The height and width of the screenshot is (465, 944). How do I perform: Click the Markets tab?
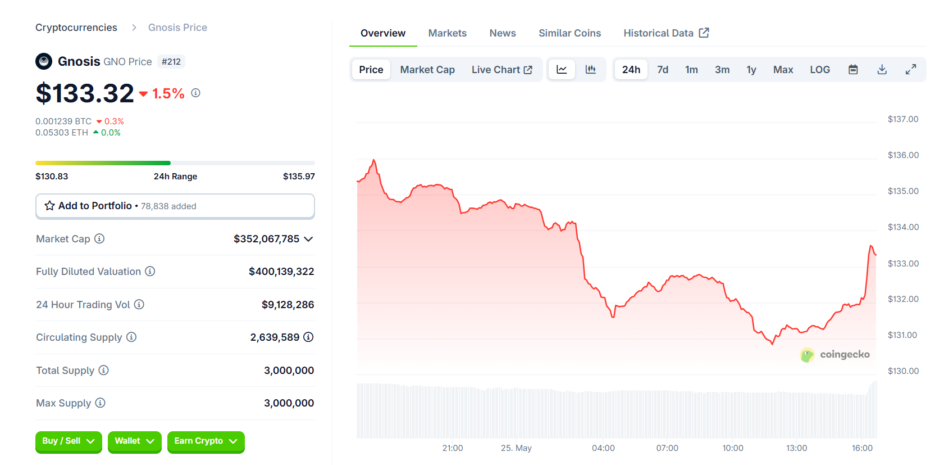click(447, 33)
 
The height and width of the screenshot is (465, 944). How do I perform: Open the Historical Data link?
click(665, 33)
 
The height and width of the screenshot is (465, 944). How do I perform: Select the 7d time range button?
click(663, 70)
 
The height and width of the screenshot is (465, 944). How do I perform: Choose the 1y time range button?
click(751, 70)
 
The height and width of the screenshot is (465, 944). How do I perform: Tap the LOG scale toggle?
click(819, 70)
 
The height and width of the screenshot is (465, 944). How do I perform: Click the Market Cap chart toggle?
click(427, 70)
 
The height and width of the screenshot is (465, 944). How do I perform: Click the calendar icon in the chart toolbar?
click(852, 70)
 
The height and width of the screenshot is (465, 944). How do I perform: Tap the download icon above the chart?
click(882, 70)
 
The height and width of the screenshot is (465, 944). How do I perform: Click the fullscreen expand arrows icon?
click(910, 69)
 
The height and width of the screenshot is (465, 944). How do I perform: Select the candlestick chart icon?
click(590, 69)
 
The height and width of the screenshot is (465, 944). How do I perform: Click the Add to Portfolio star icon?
click(50, 206)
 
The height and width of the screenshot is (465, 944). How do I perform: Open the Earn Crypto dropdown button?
click(206, 441)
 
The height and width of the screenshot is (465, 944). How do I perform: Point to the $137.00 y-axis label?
click(902, 119)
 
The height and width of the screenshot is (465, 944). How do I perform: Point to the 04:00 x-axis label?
click(603, 448)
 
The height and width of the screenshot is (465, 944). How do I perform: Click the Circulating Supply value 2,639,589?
click(275, 337)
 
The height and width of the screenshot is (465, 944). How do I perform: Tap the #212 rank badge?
click(171, 62)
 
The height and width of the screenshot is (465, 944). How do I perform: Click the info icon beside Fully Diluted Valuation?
click(150, 272)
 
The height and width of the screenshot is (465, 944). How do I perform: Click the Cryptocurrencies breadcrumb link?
click(76, 28)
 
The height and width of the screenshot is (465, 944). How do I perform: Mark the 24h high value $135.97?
click(299, 177)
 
